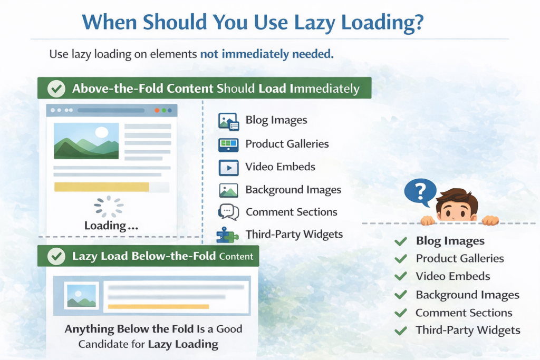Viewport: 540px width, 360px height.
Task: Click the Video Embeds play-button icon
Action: pyautogui.click(x=228, y=167)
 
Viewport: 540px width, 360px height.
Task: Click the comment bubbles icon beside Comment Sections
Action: pyautogui.click(x=228, y=212)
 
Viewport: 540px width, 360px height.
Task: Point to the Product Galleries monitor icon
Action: pyautogui.click(x=228, y=144)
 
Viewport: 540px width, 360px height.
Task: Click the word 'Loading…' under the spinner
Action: pyautogui.click(x=111, y=226)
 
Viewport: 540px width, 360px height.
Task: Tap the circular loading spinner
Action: pyautogui.click(x=109, y=207)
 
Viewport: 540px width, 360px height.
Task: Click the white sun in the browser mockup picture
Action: pyautogui.click(x=101, y=132)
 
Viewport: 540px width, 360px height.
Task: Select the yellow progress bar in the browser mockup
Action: pyautogui.click(x=102, y=187)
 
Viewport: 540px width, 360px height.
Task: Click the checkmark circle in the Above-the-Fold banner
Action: pyautogui.click(x=56, y=89)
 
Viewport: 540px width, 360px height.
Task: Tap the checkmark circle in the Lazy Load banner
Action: pyautogui.click(x=56, y=257)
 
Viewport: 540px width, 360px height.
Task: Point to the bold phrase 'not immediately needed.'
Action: pyautogui.click(x=267, y=54)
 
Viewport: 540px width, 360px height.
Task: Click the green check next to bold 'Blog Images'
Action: pyautogui.click(x=401, y=241)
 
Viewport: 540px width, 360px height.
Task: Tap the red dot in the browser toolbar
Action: pyautogui.click(x=157, y=111)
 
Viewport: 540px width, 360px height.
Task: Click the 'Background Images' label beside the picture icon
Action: pyautogui.click(x=293, y=190)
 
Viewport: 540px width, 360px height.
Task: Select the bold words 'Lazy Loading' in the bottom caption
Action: pyautogui.click(x=183, y=345)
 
